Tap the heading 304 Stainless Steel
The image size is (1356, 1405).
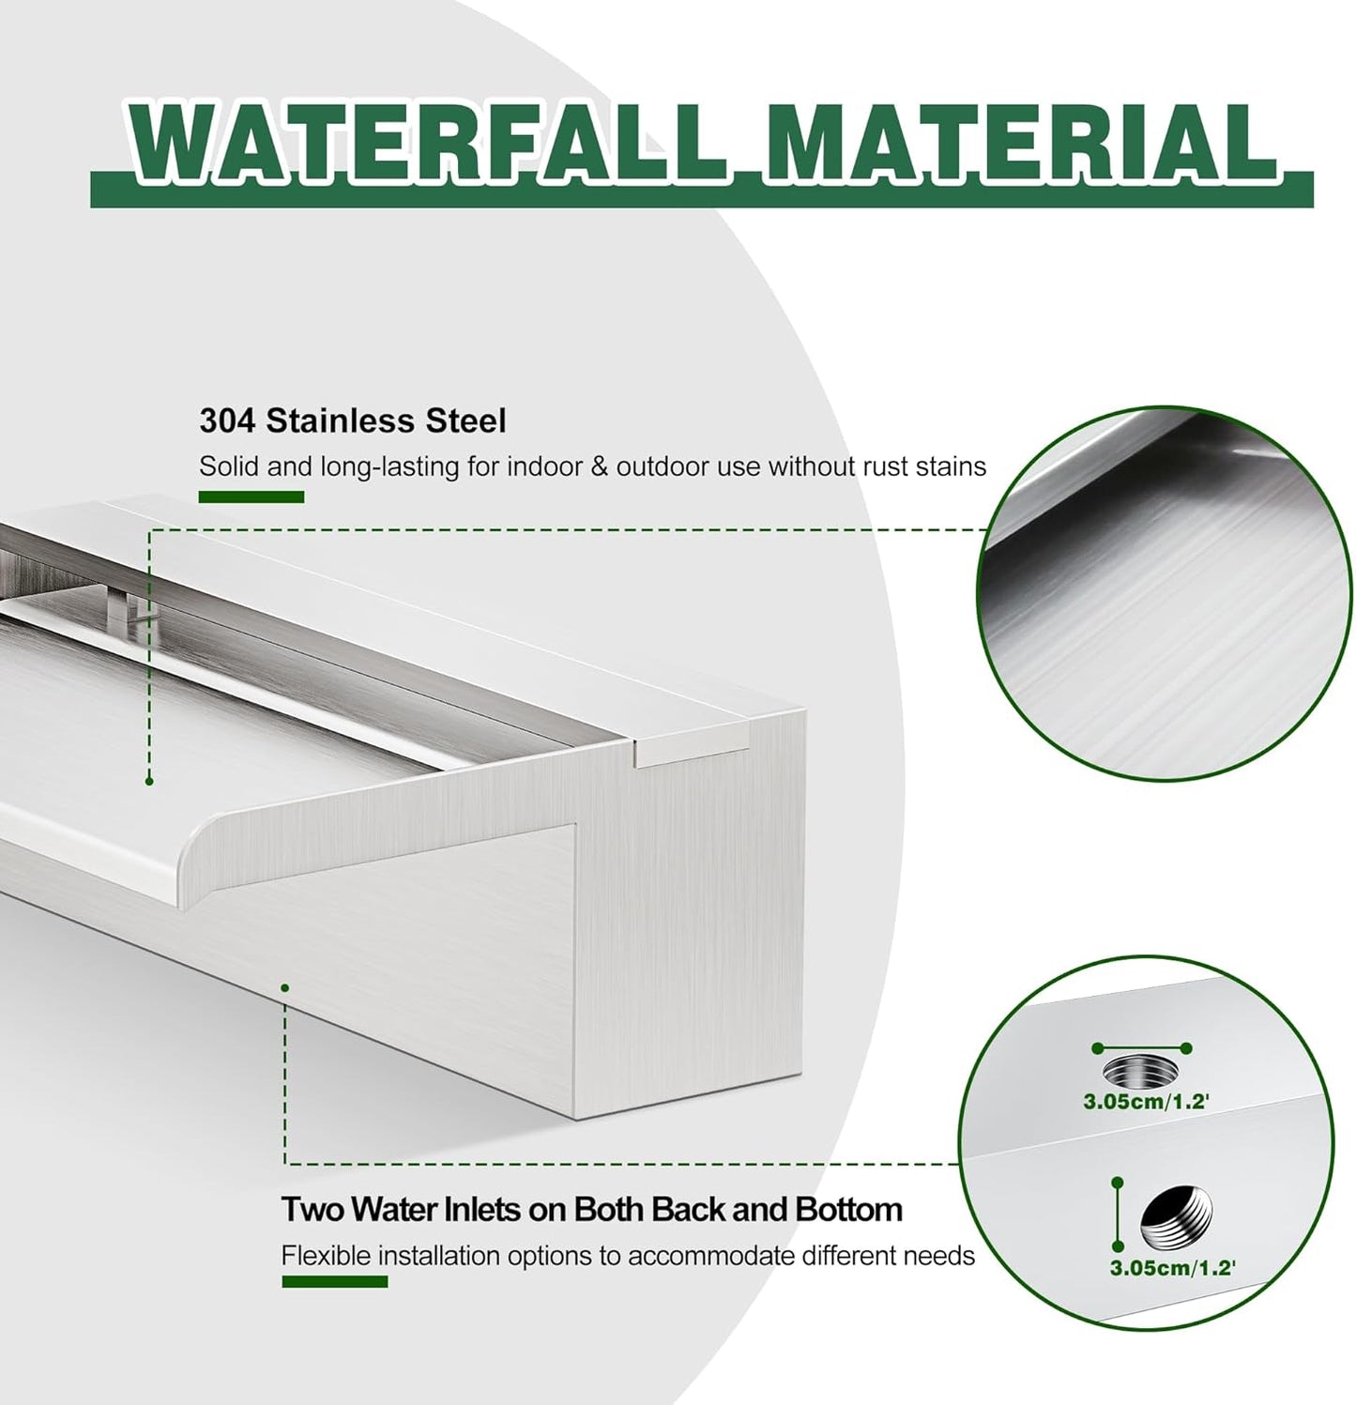pyautogui.click(x=352, y=420)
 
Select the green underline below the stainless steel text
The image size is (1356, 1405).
pyautogui.click(x=251, y=496)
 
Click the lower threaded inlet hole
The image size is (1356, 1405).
pyautogui.click(x=1176, y=1215)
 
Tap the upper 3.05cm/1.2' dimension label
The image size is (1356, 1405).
pyautogui.click(x=1146, y=1102)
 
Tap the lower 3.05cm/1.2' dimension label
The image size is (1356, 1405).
pyautogui.click(x=1172, y=1268)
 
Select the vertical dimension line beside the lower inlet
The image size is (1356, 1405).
pyautogui.click(x=1117, y=1214)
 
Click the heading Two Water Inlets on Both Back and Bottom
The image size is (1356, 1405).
pyautogui.click(x=591, y=1209)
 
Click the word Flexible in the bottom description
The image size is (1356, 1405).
pyautogui.click(x=326, y=1255)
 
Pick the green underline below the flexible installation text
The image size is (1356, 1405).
pyautogui.click(x=334, y=1281)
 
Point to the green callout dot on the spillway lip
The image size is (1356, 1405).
pyautogui.click(x=149, y=781)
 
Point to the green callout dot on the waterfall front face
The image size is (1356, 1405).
pyautogui.click(x=284, y=987)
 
